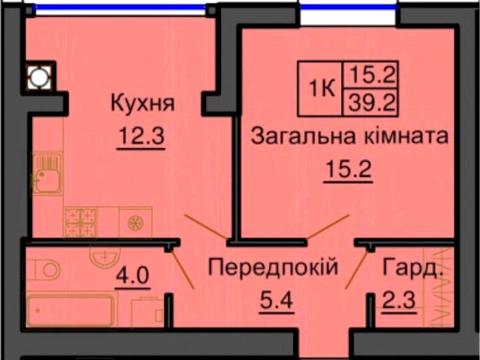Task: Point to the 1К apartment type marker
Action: tap(322, 85)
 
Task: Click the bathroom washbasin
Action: tap(100, 258)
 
